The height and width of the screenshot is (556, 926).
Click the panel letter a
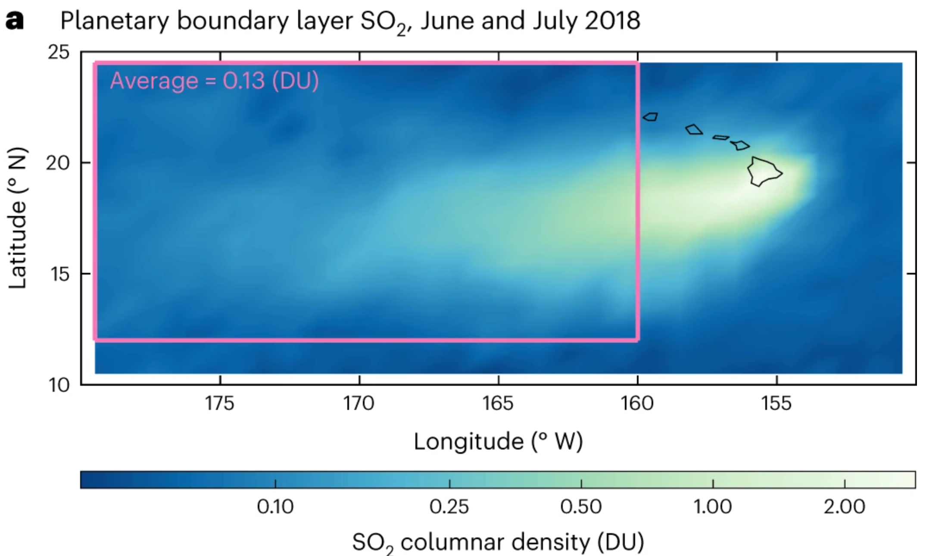click(14, 20)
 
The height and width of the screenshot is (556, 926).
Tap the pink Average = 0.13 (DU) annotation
click(214, 81)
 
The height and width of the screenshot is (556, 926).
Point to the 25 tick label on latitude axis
click(59, 52)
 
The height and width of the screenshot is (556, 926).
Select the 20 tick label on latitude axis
click(58, 163)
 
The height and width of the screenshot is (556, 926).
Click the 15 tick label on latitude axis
click(59, 274)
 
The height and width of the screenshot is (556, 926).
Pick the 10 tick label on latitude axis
click(59, 384)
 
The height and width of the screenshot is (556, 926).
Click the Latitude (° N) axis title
click(18, 218)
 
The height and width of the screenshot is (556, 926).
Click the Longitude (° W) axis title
click(498, 441)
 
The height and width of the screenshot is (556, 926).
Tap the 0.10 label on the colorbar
click(275, 507)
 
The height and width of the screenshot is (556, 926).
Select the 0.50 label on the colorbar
click(581, 507)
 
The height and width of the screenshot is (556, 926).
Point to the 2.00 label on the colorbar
click(844, 507)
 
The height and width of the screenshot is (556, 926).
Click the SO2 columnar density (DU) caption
click(498, 542)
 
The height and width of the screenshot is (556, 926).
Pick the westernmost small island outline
click(651, 117)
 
